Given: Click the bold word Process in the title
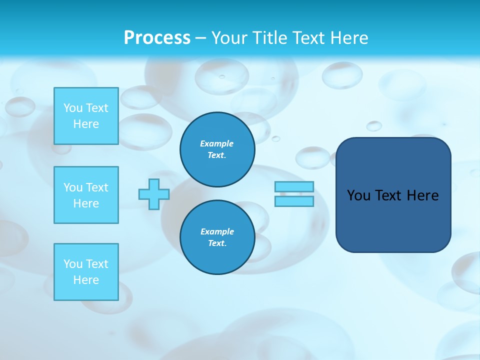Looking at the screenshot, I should [x=157, y=38].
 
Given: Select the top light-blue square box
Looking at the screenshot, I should [x=86, y=116].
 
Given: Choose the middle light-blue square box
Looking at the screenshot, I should [x=86, y=195].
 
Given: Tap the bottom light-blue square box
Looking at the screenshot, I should [x=86, y=272].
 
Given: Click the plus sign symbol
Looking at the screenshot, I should [x=154, y=194].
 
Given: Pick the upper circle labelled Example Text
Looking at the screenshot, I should [x=217, y=149].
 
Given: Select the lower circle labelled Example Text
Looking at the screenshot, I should [x=217, y=237].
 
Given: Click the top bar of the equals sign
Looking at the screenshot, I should [x=294, y=187].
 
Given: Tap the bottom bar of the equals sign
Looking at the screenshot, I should [x=294, y=201].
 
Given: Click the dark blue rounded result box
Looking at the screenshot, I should [x=393, y=220].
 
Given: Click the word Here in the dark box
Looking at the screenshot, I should [x=422, y=195].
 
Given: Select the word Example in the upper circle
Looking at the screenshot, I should [x=217, y=143].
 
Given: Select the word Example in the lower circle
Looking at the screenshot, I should [x=217, y=231].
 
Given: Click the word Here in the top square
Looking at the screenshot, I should [x=86, y=124].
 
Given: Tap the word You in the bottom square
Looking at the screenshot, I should [x=73, y=264].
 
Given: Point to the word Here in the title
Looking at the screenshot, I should [x=350, y=38].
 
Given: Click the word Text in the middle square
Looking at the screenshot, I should [x=96, y=187].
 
